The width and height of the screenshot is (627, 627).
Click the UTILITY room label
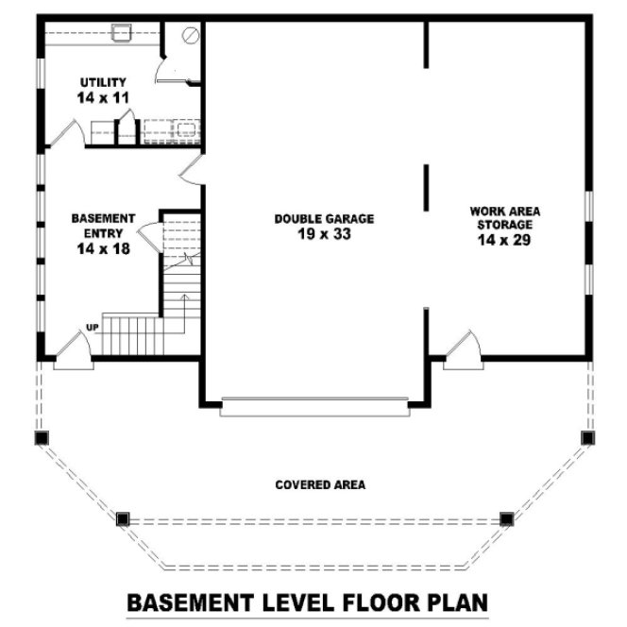point(103,83)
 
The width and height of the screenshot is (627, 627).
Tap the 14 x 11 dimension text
point(103,97)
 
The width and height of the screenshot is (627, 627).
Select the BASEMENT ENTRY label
point(103,225)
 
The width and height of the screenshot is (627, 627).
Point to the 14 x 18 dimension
point(103,249)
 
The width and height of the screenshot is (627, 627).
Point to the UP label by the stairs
point(92,328)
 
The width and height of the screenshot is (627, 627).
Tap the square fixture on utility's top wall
point(120,34)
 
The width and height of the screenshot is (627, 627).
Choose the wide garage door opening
point(315,408)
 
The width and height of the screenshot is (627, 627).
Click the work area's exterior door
point(462,349)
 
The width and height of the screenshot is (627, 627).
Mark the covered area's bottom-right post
point(507,518)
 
